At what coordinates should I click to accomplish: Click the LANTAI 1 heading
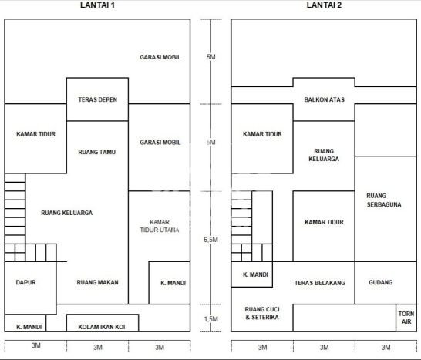click(97, 5)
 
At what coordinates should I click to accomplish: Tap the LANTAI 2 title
click(324, 5)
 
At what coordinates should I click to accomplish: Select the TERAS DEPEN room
click(97, 99)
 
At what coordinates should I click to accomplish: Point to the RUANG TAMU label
click(97, 152)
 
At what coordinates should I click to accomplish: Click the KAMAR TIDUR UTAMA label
click(160, 226)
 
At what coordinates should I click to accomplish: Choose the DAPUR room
click(30, 288)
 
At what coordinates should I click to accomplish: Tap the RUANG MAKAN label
click(97, 282)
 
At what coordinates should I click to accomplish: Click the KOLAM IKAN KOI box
click(103, 323)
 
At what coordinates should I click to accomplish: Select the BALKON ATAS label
click(324, 99)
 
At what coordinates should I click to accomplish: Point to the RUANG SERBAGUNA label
click(384, 200)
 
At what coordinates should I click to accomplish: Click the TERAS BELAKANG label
click(319, 283)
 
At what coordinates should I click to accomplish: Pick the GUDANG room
click(386, 283)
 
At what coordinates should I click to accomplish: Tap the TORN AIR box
click(406, 318)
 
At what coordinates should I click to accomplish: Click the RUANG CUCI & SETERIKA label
click(262, 313)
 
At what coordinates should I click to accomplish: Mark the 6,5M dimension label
click(210, 240)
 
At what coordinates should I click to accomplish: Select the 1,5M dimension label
click(210, 319)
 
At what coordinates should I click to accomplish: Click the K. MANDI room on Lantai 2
click(252, 274)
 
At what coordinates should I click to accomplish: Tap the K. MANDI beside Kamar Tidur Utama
click(170, 283)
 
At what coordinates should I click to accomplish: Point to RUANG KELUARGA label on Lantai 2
click(324, 155)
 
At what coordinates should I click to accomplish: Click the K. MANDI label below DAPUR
click(29, 327)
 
